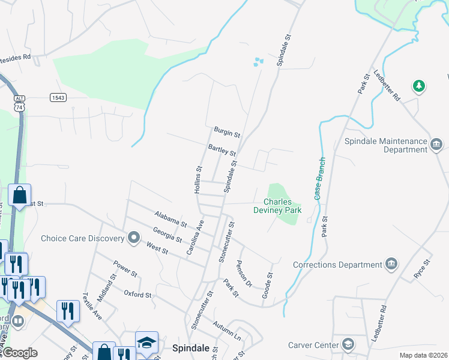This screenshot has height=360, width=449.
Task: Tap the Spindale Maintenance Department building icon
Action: pyautogui.click(x=436, y=143)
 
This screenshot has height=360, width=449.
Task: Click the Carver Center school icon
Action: pyautogui.click(x=348, y=344)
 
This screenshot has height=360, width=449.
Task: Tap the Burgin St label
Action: pyautogui.click(x=227, y=131)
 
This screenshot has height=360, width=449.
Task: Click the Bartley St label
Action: pyautogui.click(x=221, y=149)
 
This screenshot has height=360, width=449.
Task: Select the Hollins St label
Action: pyautogui.click(x=197, y=179)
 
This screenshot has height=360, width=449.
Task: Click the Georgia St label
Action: pyautogui.click(x=167, y=235)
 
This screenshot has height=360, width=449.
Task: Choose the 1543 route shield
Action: pyautogui.click(x=58, y=97)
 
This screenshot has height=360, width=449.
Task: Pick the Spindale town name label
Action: pyautogui.click(x=190, y=347)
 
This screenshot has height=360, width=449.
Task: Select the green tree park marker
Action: pyautogui.click(x=418, y=86)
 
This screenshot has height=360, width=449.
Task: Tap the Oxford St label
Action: pyautogui.click(x=138, y=295)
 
